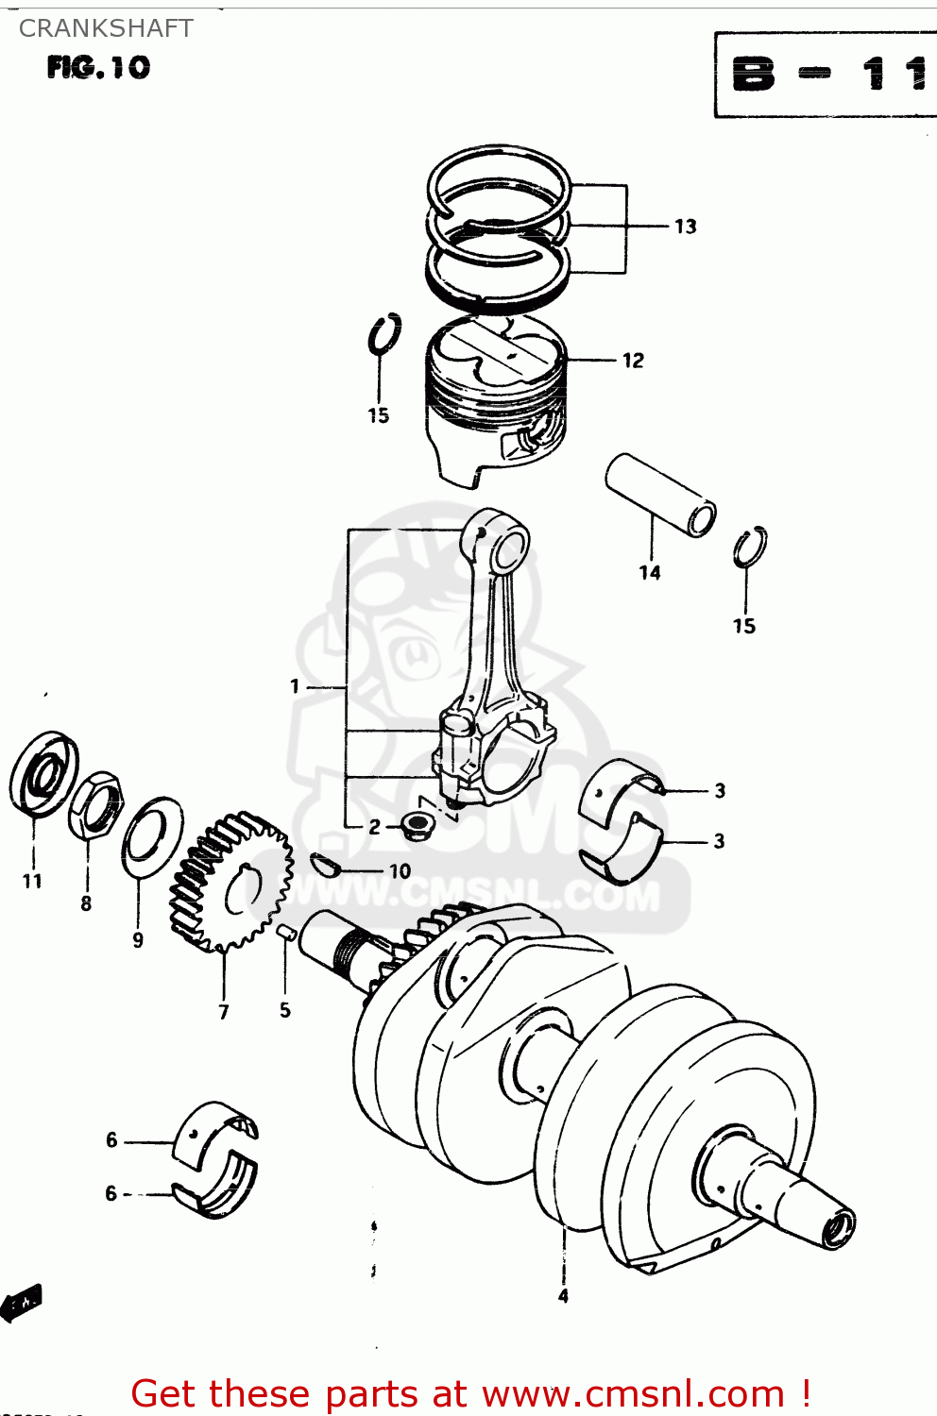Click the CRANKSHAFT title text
pos(106,28)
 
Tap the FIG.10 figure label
pos(98,68)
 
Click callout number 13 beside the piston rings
pos(685,227)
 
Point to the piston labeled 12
pos(496,396)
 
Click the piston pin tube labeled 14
pos(660,495)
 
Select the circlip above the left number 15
pos(384,335)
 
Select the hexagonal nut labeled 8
pos(96,805)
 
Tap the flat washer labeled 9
pos(152,835)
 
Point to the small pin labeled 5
pos(287,934)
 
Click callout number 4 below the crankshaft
pos(563,1296)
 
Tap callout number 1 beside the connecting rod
pos(295,686)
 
